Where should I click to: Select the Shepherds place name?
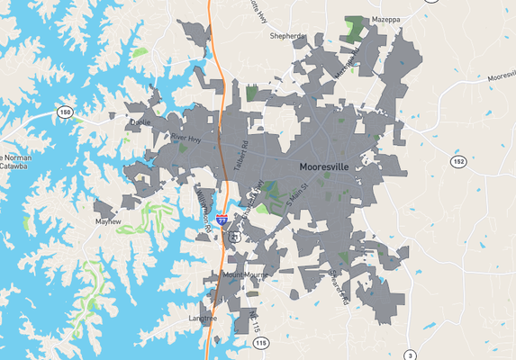point(288,37)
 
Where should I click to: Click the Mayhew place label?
point(108,220)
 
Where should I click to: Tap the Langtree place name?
point(203,319)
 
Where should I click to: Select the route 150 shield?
point(64,112)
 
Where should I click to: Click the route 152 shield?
point(458,161)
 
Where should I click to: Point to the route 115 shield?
point(260,344)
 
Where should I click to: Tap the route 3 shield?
point(410,355)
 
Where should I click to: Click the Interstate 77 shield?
point(222,206)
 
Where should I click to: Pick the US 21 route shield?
point(232,237)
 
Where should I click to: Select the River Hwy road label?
point(185,137)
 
